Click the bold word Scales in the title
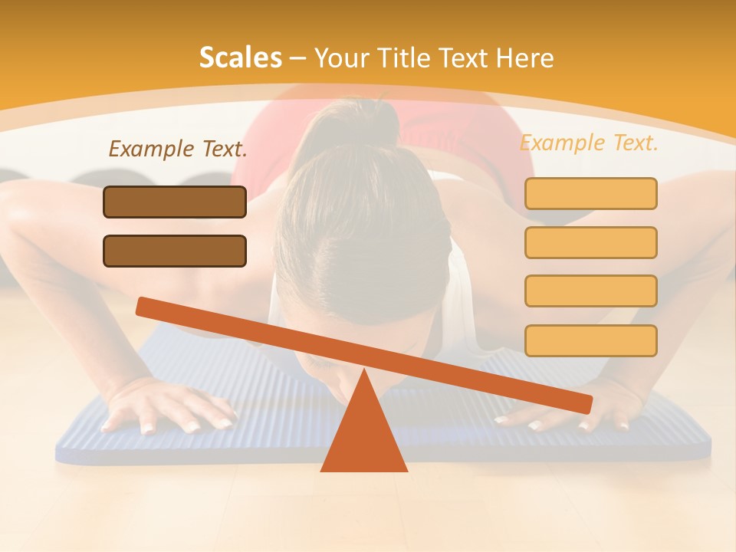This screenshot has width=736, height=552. click(240, 58)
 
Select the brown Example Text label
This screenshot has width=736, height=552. click(178, 149)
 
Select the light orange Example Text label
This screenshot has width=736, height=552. click(589, 143)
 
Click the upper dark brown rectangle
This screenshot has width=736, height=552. click(175, 202)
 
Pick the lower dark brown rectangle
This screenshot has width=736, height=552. click(175, 251)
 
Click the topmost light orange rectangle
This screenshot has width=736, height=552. click(590, 193)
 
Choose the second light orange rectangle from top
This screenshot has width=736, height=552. click(590, 242)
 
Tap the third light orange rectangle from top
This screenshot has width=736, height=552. click(590, 291)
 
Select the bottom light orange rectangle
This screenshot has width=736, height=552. click(590, 340)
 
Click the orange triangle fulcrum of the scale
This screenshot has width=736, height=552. click(363, 437)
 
